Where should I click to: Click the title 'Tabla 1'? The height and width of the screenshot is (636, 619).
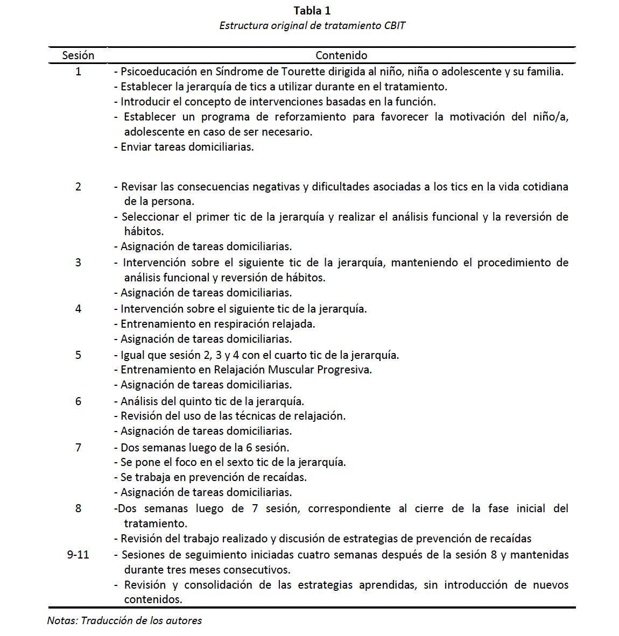coord(312,11)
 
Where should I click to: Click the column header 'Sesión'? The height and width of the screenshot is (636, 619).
coord(78,55)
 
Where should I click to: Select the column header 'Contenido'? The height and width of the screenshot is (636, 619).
coord(341,55)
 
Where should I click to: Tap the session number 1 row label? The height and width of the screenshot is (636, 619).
coord(78,72)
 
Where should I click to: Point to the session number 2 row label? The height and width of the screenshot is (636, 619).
coord(78,187)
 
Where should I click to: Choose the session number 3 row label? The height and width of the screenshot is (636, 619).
coord(78,263)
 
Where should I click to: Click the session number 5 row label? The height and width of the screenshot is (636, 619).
coord(78,355)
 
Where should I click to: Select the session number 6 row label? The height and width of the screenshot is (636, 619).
coord(78,401)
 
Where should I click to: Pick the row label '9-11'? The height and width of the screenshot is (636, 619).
coord(78,555)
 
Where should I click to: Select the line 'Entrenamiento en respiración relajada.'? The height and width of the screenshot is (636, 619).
coord(217,324)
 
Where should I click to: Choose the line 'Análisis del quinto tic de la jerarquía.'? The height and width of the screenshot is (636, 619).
coord(212,401)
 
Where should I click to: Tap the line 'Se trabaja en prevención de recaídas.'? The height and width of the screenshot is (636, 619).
coord(213,477)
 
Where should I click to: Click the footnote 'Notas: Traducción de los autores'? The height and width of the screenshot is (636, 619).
coord(124,620)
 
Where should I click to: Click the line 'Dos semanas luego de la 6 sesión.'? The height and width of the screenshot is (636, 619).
coord(205,448)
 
